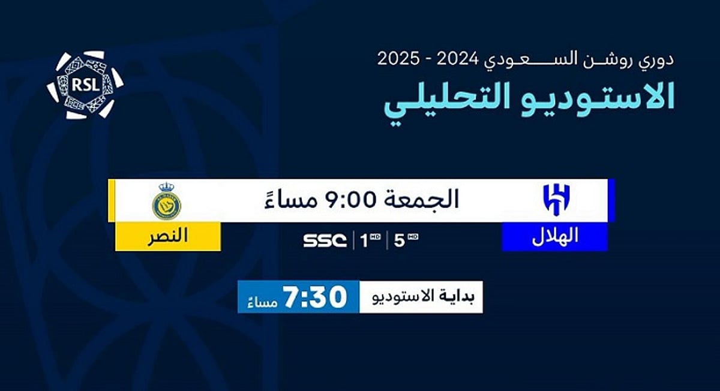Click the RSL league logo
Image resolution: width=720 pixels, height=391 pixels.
pos(85,85)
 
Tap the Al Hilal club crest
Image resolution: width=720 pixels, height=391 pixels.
pos(556,200)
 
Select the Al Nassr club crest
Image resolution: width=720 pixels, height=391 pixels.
pos(167,201)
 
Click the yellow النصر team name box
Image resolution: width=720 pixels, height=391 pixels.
pos(168,236)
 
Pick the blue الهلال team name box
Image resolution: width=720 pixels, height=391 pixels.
pos(555,236)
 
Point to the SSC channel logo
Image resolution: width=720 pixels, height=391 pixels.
pos(325,240)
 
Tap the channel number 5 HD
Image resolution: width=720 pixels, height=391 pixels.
pos(406,240)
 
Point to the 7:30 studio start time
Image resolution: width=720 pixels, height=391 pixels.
pos(314,296)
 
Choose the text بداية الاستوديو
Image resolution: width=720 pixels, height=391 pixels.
pos(423,296)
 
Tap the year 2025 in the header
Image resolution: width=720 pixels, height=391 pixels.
pos(398,59)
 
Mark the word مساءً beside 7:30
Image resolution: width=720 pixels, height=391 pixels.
pos(263,302)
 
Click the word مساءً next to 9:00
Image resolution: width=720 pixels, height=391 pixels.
pos(291,200)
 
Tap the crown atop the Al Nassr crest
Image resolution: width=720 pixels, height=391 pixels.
pos(167,187)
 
